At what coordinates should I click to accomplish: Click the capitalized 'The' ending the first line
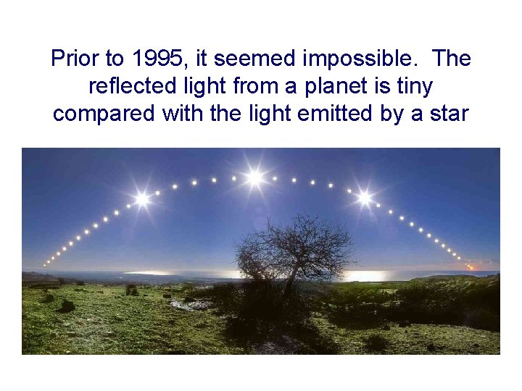point(449,59)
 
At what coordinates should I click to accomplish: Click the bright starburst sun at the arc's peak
point(254,177)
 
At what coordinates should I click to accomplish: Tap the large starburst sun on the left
point(142,198)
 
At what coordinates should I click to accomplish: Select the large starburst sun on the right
point(365,197)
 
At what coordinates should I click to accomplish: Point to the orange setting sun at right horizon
point(470,267)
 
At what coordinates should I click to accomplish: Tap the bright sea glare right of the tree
point(366,276)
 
